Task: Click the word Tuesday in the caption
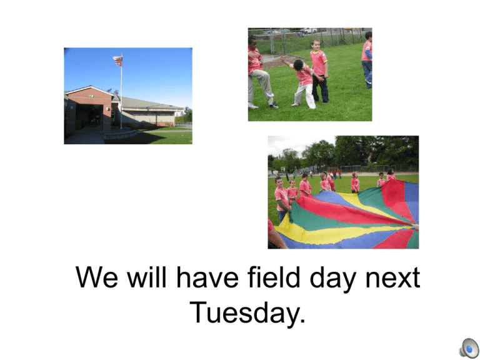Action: (x=245, y=313)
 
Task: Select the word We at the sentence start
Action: (x=96, y=277)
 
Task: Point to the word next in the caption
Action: (x=392, y=278)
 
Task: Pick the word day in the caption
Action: (x=332, y=278)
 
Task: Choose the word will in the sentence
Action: (x=147, y=277)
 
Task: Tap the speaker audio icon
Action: (x=469, y=348)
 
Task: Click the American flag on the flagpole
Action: (x=118, y=60)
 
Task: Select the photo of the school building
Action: (x=128, y=96)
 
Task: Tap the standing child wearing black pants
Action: (x=319, y=71)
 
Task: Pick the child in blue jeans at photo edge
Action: (x=367, y=60)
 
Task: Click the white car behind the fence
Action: (x=309, y=31)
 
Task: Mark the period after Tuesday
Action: (x=302, y=321)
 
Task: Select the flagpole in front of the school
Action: (x=121, y=91)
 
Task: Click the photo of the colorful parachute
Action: (x=343, y=192)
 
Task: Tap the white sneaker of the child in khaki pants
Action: (x=253, y=106)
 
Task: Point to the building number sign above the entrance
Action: (x=90, y=96)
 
